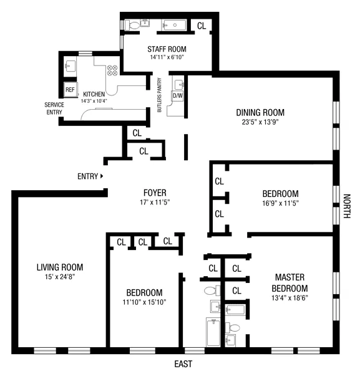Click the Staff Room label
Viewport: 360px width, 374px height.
[167, 49]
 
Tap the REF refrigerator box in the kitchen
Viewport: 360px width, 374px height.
[71, 88]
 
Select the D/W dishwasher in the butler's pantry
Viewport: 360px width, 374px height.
[177, 96]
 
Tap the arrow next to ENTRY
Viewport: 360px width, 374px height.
[102, 176]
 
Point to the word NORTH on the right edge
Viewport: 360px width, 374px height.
[347, 206]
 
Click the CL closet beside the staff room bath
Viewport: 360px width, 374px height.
[202, 26]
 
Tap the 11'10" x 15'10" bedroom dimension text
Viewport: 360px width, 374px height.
[144, 302]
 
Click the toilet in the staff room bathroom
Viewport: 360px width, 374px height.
[132, 25]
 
